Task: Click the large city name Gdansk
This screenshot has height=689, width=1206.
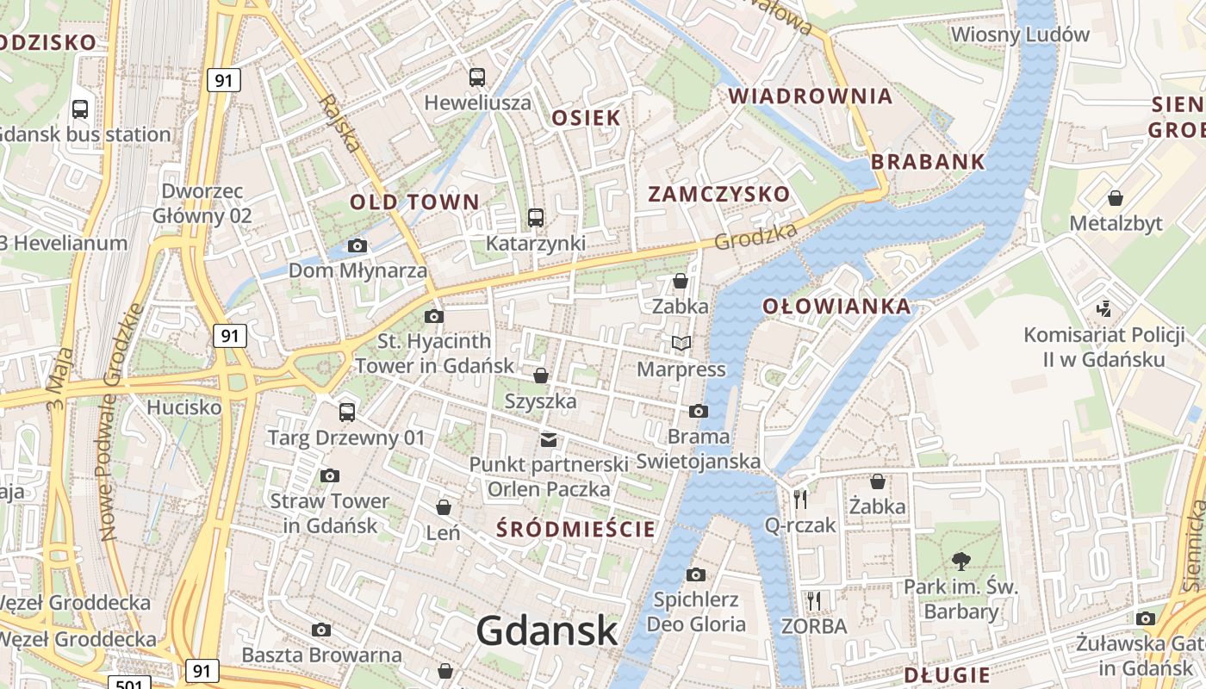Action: pos(547,630)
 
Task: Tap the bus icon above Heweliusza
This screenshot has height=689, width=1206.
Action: pos(477,78)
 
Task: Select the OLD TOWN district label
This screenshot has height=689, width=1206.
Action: pos(414,202)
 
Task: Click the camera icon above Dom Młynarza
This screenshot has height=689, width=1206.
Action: pos(357,246)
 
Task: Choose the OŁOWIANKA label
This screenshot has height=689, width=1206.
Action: pos(824,306)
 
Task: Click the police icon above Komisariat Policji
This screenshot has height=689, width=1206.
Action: pos(1103,308)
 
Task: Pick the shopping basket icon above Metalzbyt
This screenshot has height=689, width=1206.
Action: pos(1116,198)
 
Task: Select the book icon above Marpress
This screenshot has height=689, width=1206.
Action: pos(681,344)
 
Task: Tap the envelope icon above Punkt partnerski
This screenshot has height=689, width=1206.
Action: pos(548,440)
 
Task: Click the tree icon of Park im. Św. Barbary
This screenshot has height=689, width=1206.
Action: pos(960,562)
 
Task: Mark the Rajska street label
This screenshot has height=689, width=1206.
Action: pos(341,123)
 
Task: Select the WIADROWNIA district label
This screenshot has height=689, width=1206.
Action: pos(811,96)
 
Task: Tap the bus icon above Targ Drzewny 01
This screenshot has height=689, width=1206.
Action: pos(347,412)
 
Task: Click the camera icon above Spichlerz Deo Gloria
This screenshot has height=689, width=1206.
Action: pos(696,574)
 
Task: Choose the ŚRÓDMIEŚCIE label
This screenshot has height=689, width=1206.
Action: pos(576,529)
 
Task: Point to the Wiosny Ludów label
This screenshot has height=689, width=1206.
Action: pos(1020,35)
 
